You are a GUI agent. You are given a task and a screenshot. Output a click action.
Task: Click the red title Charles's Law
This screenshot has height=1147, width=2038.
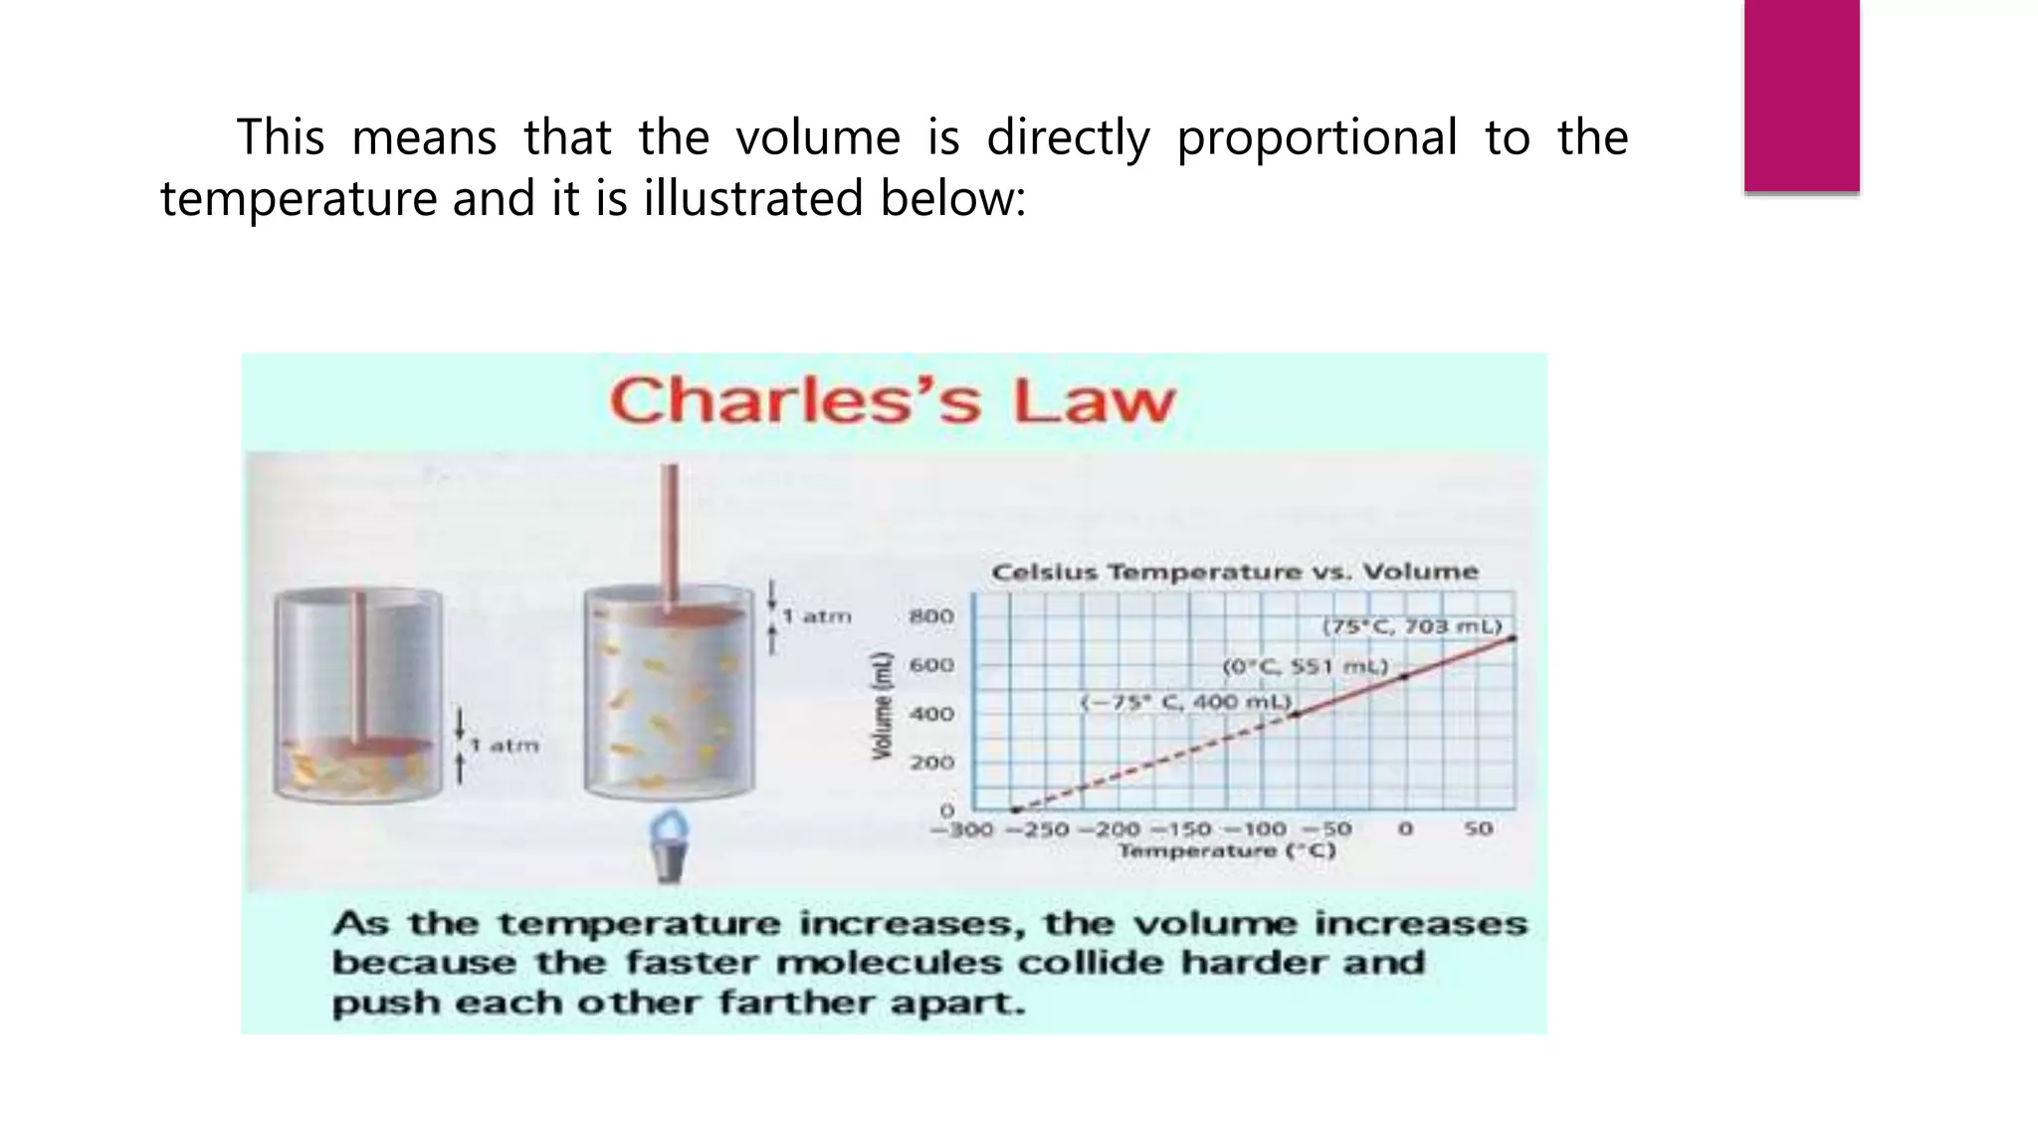(893, 401)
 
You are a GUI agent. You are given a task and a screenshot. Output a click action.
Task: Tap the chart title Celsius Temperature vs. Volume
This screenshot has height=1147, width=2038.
(1235, 573)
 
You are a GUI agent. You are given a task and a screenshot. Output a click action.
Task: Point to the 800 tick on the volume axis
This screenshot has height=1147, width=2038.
(931, 616)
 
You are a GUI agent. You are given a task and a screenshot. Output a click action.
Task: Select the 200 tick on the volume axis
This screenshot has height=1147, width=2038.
(931, 763)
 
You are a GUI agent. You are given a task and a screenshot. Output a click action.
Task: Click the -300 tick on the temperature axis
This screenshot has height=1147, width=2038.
(961, 829)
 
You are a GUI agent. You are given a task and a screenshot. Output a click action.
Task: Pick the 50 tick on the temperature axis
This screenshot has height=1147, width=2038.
(1478, 828)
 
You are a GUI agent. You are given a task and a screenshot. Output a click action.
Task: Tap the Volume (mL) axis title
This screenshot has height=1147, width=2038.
(882, 706)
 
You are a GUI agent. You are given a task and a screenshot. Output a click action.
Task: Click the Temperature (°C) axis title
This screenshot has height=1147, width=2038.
(1226, 851)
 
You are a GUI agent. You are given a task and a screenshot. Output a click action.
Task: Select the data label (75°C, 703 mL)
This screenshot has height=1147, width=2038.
(1411, 626)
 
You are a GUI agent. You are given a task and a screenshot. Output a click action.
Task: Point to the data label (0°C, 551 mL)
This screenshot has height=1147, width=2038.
(1305, 666)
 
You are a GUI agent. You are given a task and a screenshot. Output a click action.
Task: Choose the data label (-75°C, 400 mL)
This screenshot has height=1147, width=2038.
(1186, 702)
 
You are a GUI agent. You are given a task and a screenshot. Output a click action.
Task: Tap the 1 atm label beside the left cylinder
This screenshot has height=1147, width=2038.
(505, 746)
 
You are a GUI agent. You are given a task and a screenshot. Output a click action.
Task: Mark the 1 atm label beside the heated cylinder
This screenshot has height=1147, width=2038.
(817, 616)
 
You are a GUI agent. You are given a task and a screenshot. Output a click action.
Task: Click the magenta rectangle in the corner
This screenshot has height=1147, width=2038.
(1801, 96)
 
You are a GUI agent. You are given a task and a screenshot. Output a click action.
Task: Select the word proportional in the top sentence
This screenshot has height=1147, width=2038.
(1317, 137)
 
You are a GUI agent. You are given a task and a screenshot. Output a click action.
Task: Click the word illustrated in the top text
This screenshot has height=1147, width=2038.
(753, 198)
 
